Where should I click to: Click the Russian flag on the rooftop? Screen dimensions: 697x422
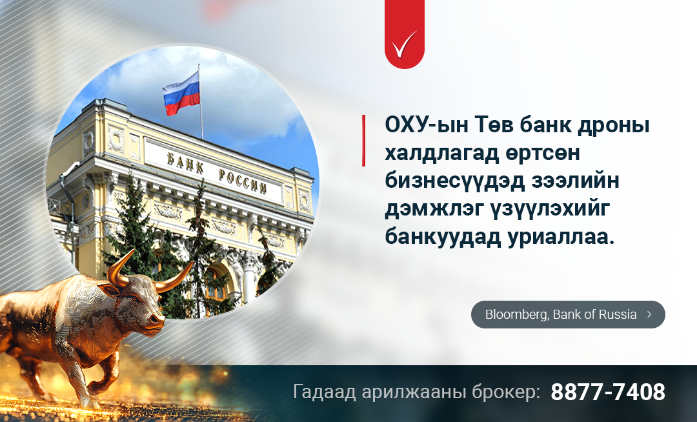[x=181, y=94]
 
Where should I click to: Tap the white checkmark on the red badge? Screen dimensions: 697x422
[x=405, y=43]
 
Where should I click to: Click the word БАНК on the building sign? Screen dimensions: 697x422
[x=185, y=163]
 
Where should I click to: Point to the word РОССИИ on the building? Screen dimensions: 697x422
[x=243, y=181]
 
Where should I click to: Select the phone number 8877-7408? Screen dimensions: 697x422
[x=608, y=392]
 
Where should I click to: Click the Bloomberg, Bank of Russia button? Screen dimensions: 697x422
[x=568, y=314]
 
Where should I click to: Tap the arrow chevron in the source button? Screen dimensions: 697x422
[x=649, y=314]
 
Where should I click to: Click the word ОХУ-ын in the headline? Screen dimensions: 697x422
[x=427, y=125]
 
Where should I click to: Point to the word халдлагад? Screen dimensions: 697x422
[x=441, y=154]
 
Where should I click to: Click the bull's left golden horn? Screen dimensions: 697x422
[x=119, y=268]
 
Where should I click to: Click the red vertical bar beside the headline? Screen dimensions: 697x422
[x=363, y=141]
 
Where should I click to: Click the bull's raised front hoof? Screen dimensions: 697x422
[x=91, y=402]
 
